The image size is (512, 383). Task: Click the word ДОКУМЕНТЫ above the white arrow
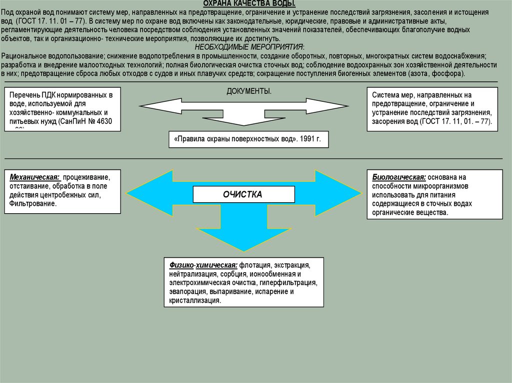[249, 91]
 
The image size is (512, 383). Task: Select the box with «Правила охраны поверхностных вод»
[248, 140]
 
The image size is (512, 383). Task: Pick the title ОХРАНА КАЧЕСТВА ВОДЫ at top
[256, 4]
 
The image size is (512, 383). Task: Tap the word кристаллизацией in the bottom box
[195, 300]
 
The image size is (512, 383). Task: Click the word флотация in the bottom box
[255, 265]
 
